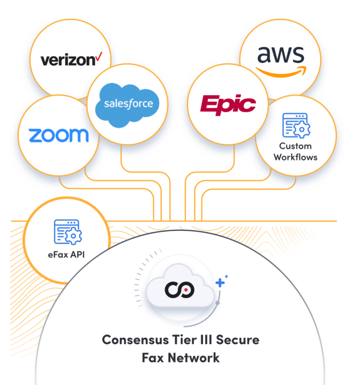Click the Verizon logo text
[x=68, y=60]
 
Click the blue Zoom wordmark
[x=59, y=136]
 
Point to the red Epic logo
[x=228, y=104]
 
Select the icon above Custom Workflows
[x=295, y=125]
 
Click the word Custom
[x=295, y=146]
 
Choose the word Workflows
[x=295, y=157]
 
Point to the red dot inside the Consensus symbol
[x=186, y=290]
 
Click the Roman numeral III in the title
[x=202, y=340]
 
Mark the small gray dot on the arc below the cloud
[x=217, y=303]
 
